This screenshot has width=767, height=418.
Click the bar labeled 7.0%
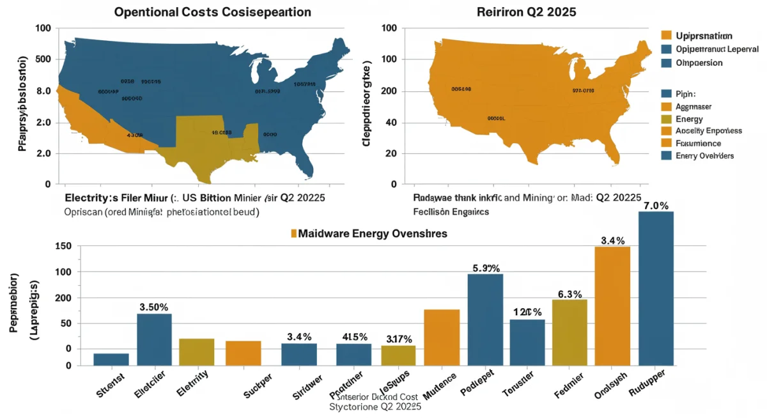click(656, 288)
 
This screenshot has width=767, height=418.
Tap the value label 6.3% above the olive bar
click(569, 294)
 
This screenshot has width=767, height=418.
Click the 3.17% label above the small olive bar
click(399, 339)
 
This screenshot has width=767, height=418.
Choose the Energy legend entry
click(689, 119)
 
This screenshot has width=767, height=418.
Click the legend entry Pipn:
click(685, 93)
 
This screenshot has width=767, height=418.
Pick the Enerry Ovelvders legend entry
click(704, 156)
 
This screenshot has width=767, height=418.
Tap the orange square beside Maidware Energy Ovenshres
click(294, 234)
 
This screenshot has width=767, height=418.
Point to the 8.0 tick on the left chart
click(43, 91)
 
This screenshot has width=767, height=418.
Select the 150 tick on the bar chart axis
click(64, 247)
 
